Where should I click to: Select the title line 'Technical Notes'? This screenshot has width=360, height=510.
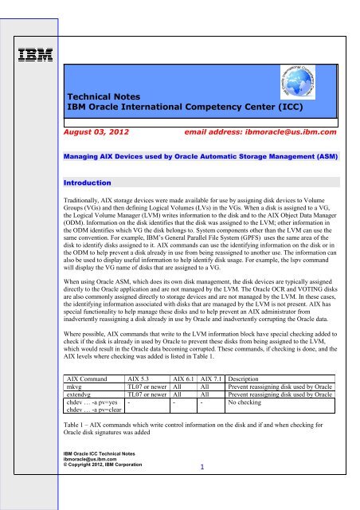click(x=109, y=93)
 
